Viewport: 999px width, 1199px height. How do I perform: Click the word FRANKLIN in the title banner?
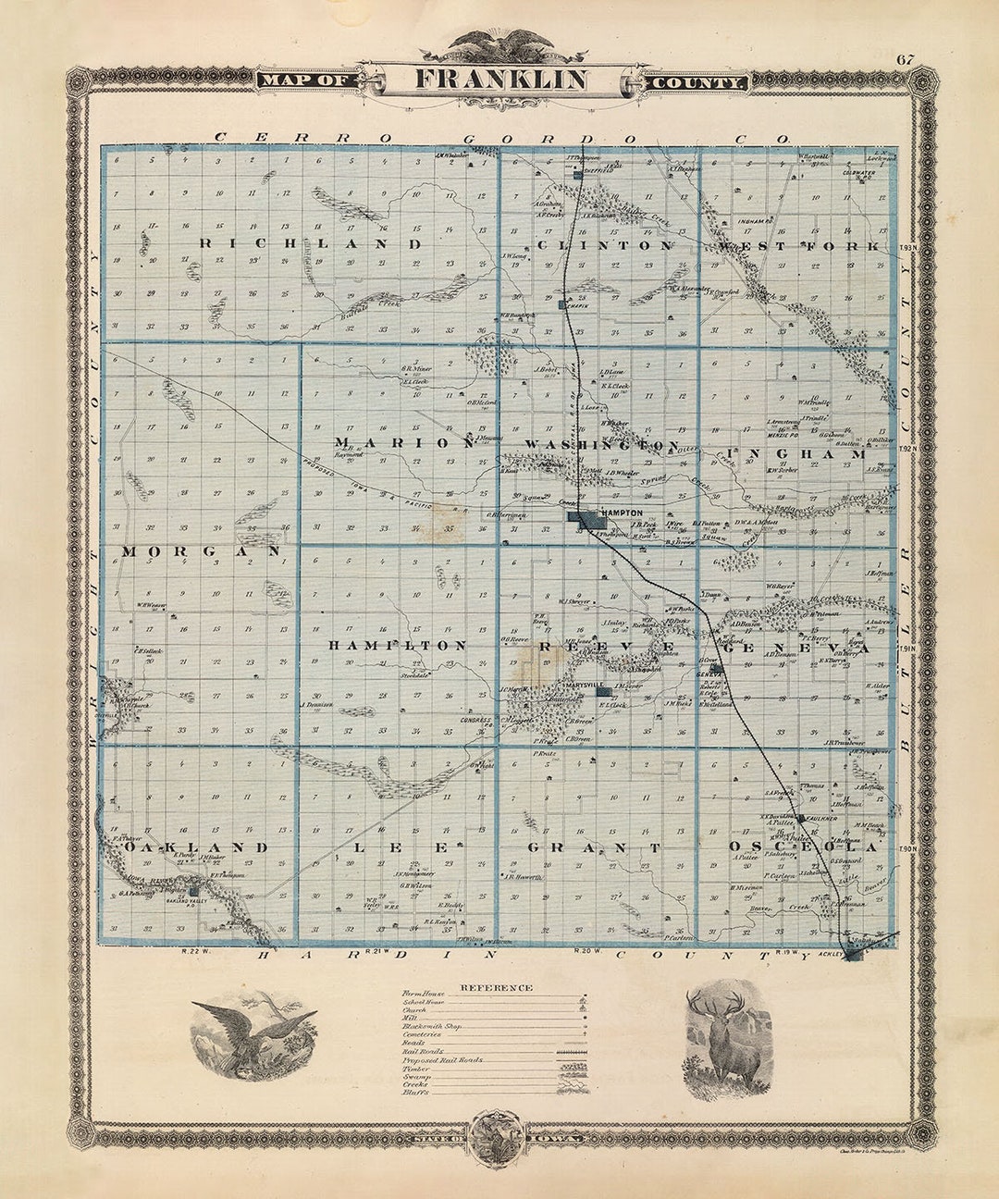tap(499, 80)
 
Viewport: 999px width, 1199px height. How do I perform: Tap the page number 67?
tap(905, 61)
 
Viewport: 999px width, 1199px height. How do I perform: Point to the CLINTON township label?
tap(605, 246)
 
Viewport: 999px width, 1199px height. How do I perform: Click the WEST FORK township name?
tap(807, 246)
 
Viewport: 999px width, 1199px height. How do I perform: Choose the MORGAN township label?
tap(201, 551)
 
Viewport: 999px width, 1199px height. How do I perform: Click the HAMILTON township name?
tap(397, 645)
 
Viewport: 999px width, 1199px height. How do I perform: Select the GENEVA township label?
tap(798, 649)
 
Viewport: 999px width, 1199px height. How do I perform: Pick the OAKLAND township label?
tap(196, 847)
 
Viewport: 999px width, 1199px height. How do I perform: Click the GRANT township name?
tap(593, 847)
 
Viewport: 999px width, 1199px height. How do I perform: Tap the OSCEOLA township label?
tap(801, 847)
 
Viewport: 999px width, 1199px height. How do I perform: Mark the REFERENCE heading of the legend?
tap(496, 987)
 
